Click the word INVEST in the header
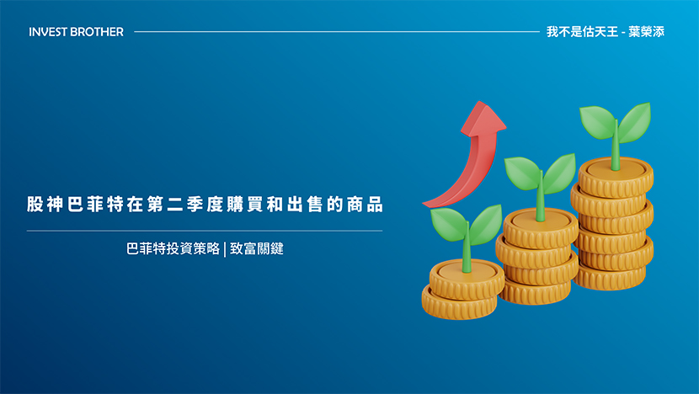(48, 32)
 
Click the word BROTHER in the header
(97, 32)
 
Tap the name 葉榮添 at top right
(647, 32)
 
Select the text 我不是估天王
(582, 32)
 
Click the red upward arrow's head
(483, 118)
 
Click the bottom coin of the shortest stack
(459, 304)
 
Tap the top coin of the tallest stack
(616, 177)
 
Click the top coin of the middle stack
(541, 228)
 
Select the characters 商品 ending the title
(366, 205)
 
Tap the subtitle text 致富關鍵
(257, 248)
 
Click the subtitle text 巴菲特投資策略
(173, 248)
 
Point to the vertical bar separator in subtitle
(225, 249)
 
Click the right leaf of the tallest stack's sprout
(635, 122)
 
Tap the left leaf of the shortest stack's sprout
(449, 224)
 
